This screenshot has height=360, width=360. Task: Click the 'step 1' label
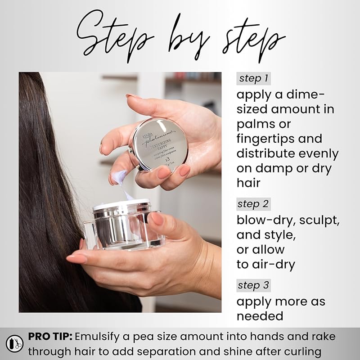(x=254, y=78)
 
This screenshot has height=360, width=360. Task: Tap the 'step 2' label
(x=254, y=204)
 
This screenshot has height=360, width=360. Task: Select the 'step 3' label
(x=254, y=285)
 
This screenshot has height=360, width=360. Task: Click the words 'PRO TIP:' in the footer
(x=50, y=337)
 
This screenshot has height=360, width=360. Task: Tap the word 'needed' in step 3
(x=260, y=316)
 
